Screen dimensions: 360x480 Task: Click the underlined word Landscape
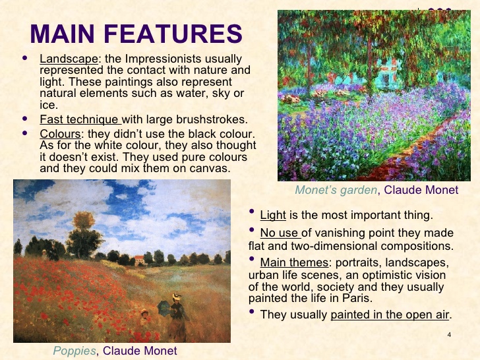[69, 59]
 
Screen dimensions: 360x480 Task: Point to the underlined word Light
[273, 215]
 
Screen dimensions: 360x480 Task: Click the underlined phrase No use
[280, 233]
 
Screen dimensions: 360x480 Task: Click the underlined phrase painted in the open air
[390, 315]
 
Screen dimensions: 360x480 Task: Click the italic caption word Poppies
[75, 351]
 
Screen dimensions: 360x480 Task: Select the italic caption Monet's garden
[336, 190]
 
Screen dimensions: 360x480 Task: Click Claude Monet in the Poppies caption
[140, 351]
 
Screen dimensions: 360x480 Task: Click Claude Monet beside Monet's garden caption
[421, 190]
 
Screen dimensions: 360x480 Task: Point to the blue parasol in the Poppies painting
[162, 307]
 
